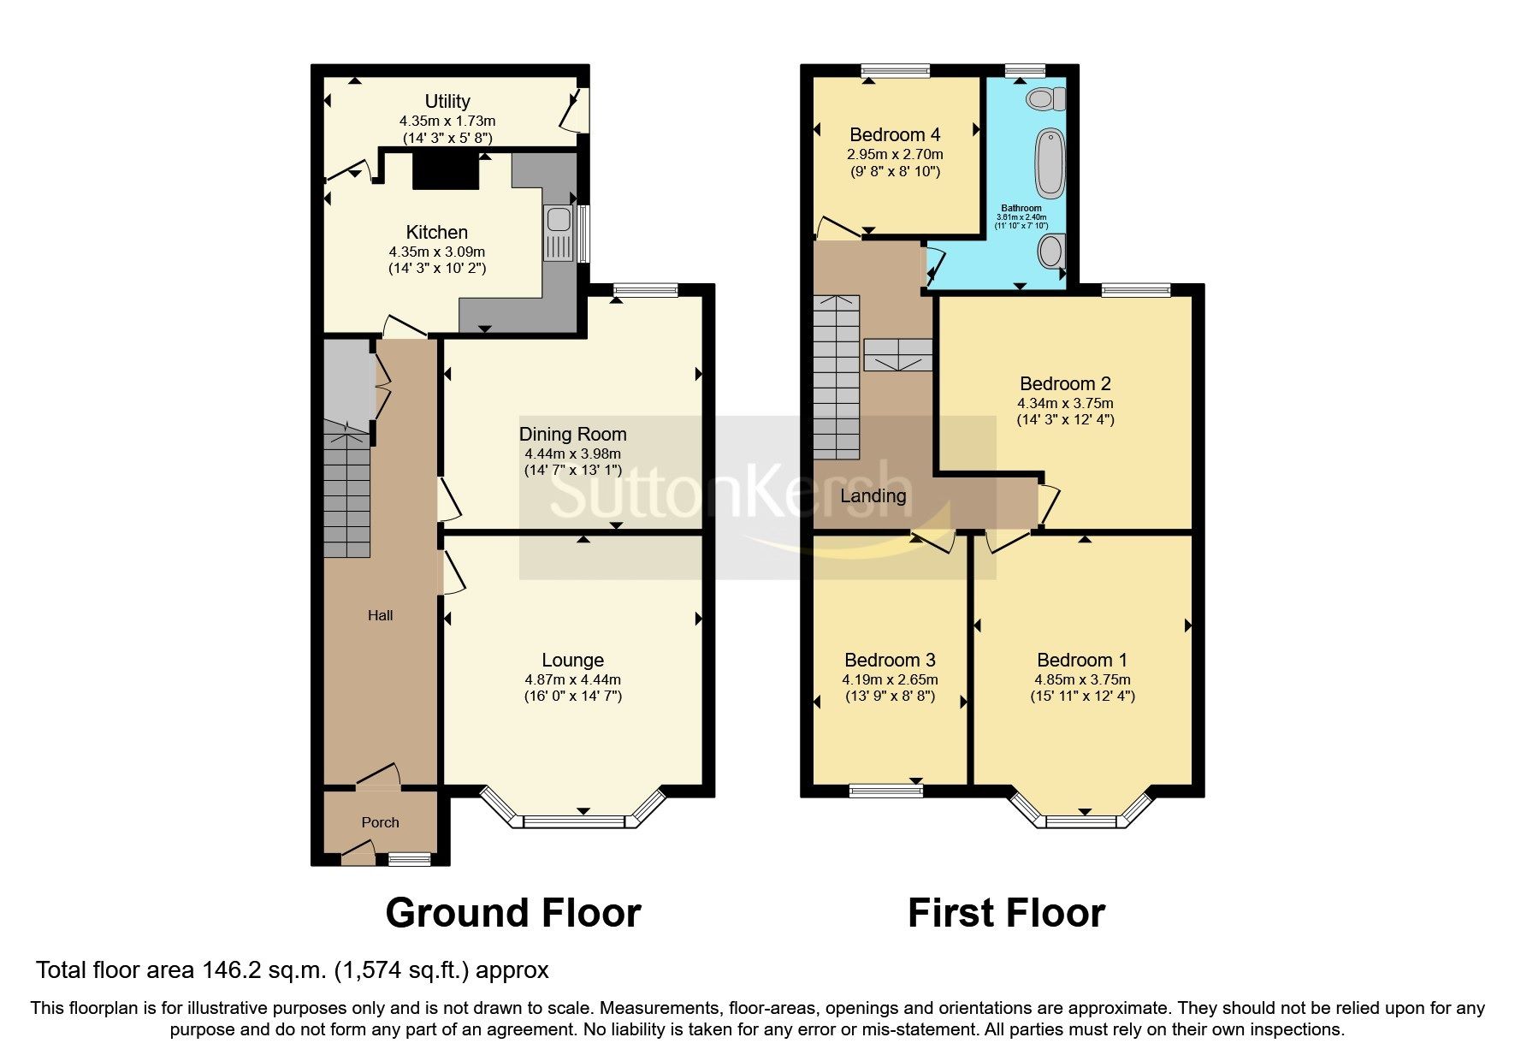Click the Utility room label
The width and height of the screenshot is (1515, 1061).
[x=447, y=101]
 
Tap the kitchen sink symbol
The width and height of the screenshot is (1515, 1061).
[x=558, y=233]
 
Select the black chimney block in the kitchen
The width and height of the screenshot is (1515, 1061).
[x=445, y=170]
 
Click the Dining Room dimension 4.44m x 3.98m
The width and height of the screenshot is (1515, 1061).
[x=572, y=453]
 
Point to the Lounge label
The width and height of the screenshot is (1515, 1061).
[x=572, y=660]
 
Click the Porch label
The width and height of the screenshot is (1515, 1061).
[x=380, y=822]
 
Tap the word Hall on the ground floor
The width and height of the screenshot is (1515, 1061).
[x=380, y=615]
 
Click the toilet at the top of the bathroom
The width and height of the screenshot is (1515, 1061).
[x=1045, y=98]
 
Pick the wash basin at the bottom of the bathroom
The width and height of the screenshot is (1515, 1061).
[x=1050, y=252]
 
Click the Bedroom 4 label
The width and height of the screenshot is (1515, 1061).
[x=895, y=134]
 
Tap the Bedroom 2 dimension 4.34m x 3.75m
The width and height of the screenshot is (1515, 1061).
[x=1065, y=403]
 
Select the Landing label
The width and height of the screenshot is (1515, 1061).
[x=873, y=495]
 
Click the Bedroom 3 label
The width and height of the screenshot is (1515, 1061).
[x=890, y=660]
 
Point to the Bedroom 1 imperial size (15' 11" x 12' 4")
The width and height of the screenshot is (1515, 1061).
[x=1082, y=696]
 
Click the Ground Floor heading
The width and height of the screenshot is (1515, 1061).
[x=513, y=913]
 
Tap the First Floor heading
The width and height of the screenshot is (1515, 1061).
[x=1006, y=913]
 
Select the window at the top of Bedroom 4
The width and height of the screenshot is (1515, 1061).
[x=895, y=71]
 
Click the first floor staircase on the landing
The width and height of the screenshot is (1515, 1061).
[x=836, y=376]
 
